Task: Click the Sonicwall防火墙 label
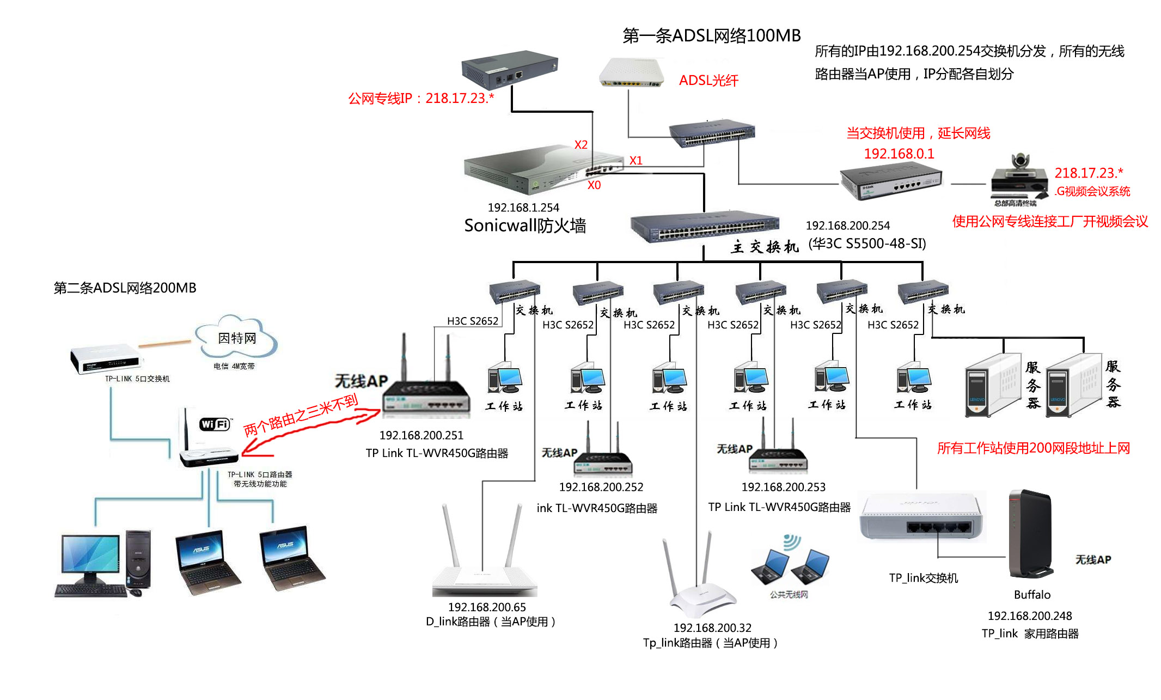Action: click(x=524, y=226)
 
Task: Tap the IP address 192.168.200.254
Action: click(x=847, y=226)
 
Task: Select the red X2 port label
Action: click(x=580, y=145)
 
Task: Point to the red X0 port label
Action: click(x=594, y=185)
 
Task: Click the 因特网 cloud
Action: click(x=237, y=338)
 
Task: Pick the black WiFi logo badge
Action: click(x=215, y=424)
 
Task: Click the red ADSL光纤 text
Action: click(x=708, y=81)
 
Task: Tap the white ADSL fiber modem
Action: click(x=632, y=73)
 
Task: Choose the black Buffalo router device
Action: click(x=1030, y=534)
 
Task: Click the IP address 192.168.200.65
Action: click(x=487, y=607)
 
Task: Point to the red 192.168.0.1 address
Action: click(x=899, y=154)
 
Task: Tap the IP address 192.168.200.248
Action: click(x=1029, y=616)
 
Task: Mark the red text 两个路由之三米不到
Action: click(x=301, y=415)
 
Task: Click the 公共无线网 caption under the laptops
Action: click(x=789, y=594)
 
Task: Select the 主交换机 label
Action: click(x=764, y=247)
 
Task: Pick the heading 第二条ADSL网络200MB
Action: click(x=125, y=288)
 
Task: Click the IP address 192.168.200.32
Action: click(x=712, y=628)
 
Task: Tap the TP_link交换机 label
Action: click(x=923, y=578)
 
